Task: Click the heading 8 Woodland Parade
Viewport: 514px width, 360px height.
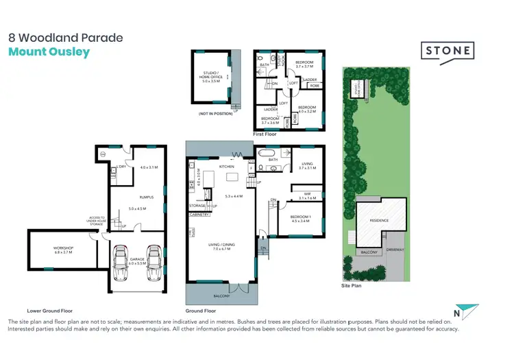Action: pyautogui.click(x=65, y=38)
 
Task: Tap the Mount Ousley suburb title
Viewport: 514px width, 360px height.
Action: pyautogui.click(x=49, y=52)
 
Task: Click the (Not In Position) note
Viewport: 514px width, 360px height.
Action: pyautogui.click(x=213, y=112)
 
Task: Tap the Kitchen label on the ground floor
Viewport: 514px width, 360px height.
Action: pyautogui.click(x=227, y=167)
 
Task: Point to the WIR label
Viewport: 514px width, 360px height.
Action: pyautogui.click(x=306, y=195)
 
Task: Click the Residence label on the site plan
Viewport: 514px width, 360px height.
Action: pyautogui.click(x=380, y=220)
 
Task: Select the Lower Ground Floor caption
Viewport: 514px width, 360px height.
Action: pyautogui.click(x=49, y=311)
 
